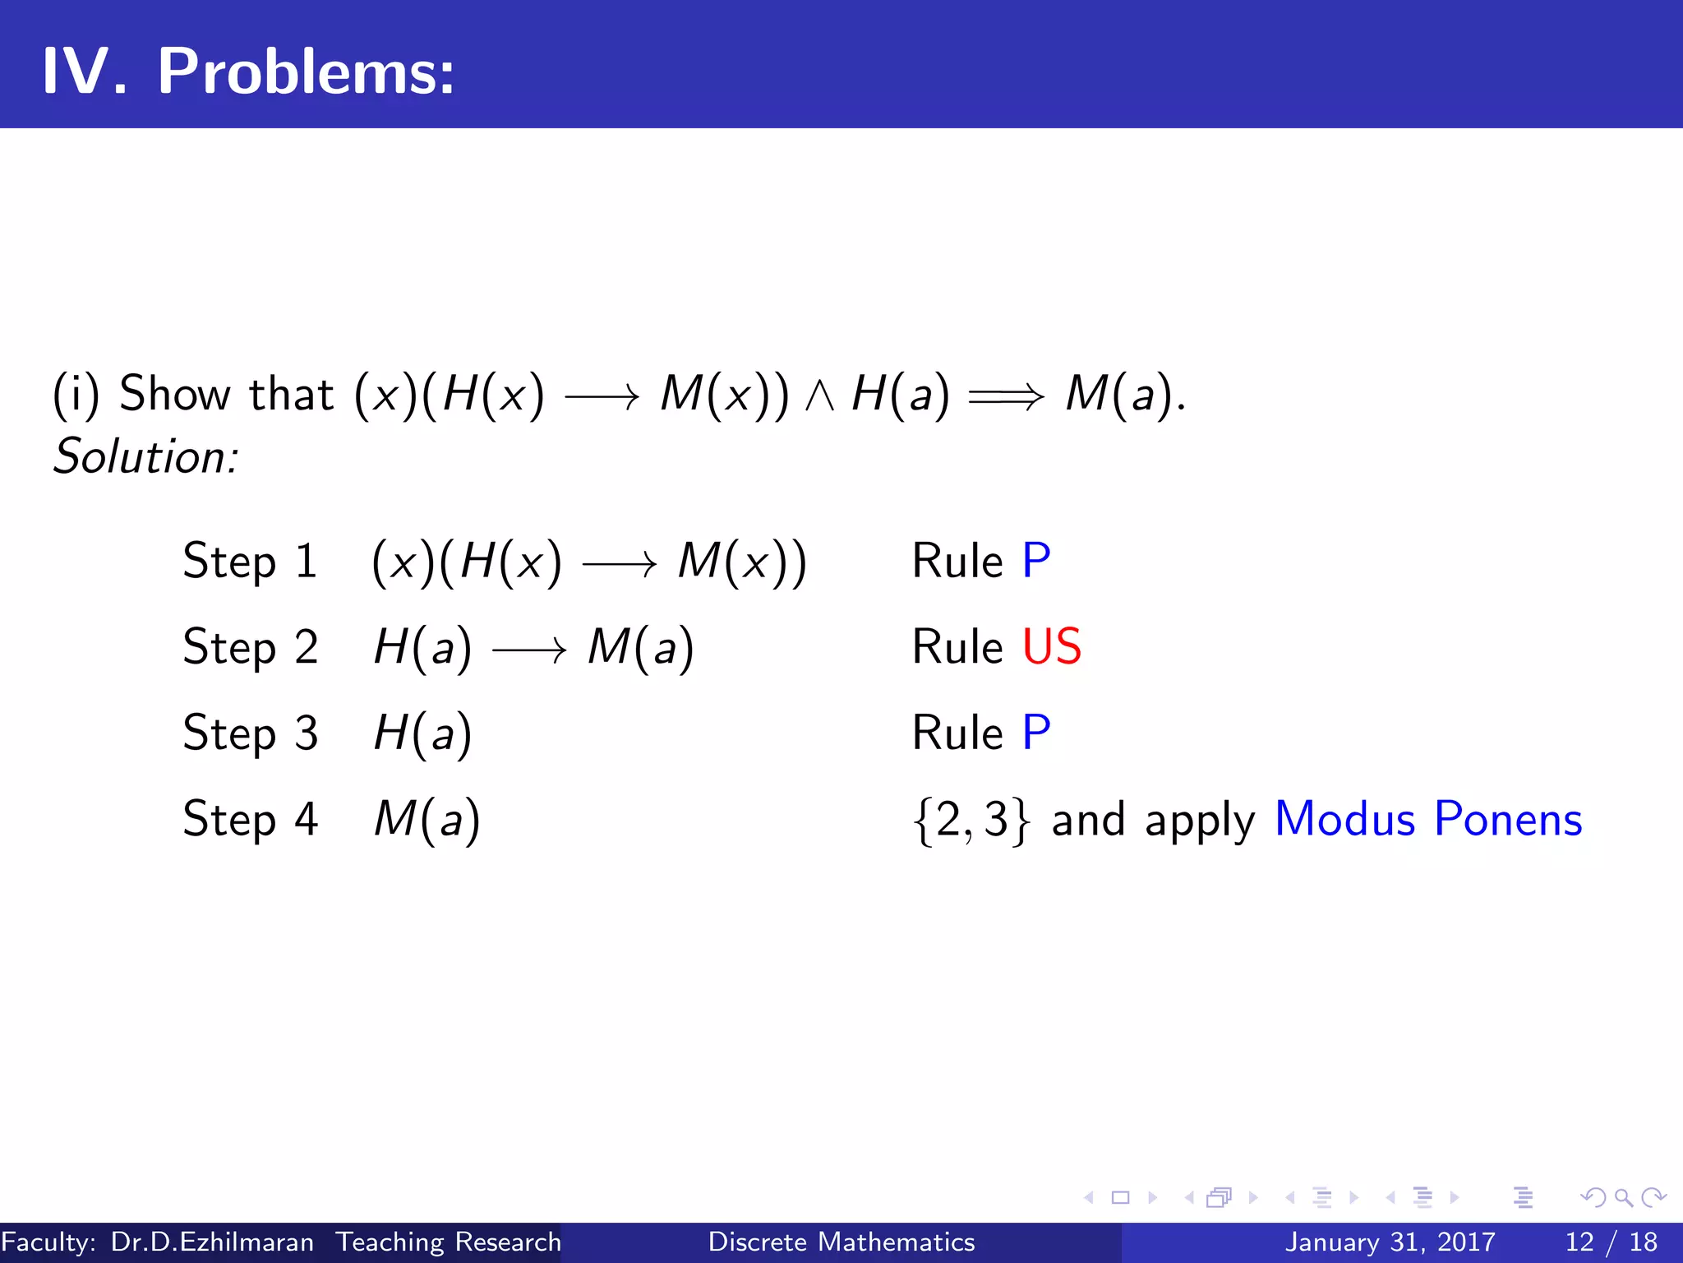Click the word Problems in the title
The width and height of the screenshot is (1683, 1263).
305,72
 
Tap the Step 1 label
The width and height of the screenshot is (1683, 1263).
250,562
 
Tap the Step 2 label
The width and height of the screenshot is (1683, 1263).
250,647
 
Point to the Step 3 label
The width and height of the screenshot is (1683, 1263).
250,733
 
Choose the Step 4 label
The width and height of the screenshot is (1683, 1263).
250,819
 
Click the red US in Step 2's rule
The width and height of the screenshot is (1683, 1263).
1051,646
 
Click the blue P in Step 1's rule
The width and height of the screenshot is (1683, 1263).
1035,561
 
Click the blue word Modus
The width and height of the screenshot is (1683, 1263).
1344,819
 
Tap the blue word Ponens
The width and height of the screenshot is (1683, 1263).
1507,819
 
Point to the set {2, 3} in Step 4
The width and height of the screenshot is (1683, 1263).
971,820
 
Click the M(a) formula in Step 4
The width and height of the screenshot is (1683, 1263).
427,820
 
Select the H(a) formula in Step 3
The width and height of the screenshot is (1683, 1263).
422,733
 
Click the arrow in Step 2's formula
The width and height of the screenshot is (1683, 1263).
529,650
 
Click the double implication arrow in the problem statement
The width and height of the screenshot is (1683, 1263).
1006,397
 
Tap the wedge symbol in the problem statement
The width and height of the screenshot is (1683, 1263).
819,396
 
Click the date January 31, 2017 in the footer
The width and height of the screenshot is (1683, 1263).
1390,1242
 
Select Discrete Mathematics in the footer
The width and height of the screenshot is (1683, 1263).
841,1242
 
